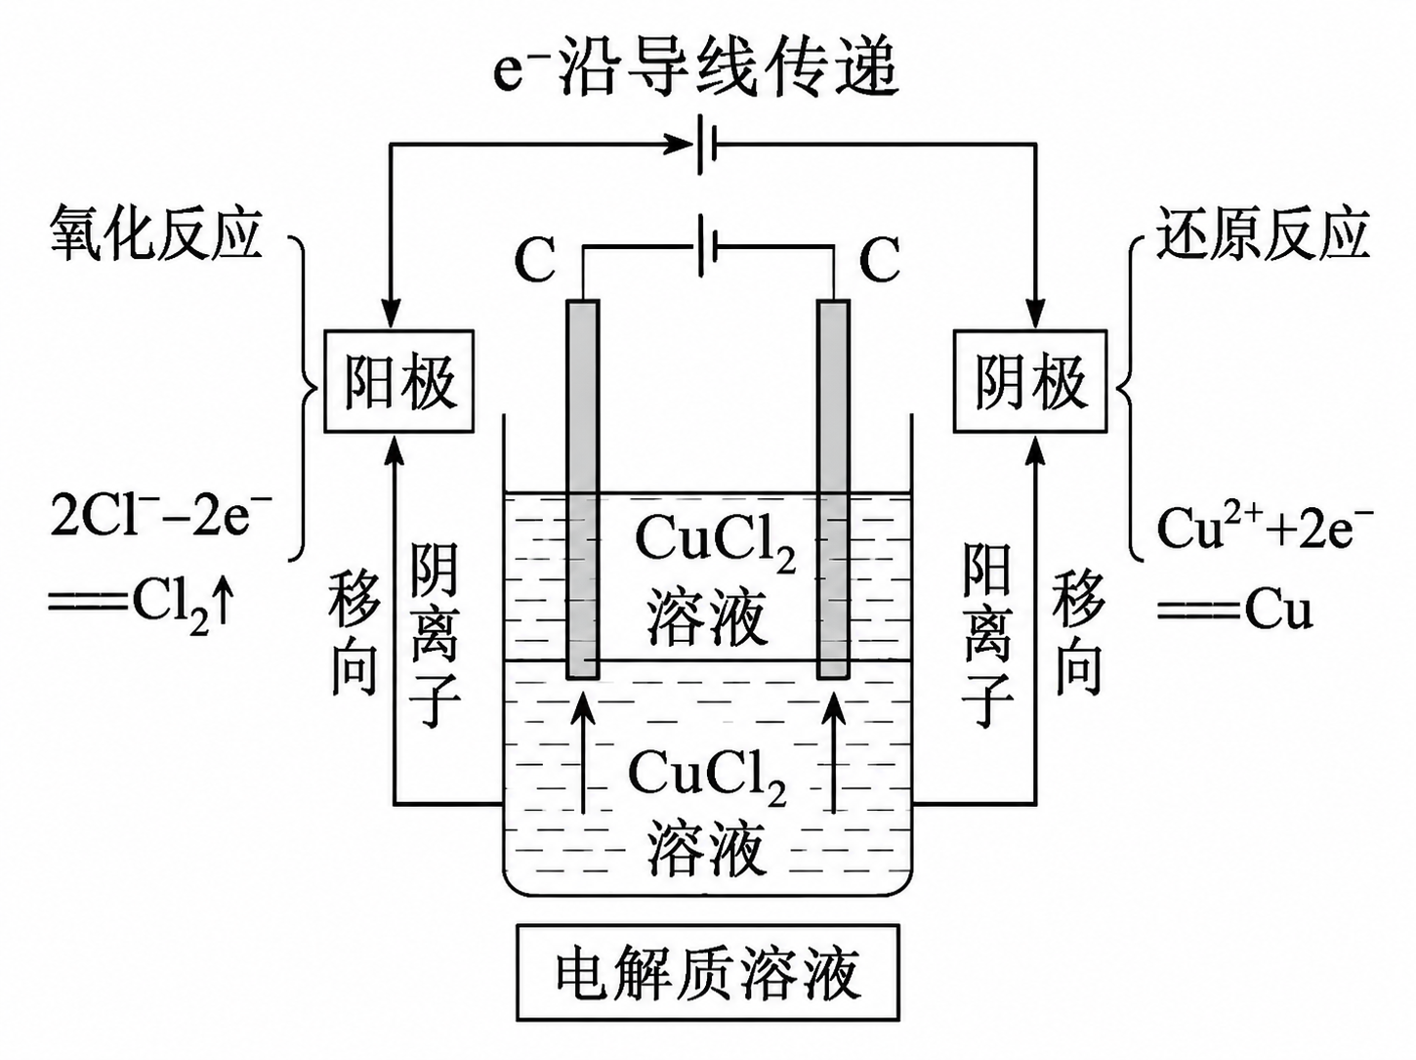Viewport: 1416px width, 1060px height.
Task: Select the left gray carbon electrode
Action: pyautogui.click(x=583, y=489)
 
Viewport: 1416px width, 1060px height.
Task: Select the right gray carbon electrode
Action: pyautogui.click(x=833, y=489)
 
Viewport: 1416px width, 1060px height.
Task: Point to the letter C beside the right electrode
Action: pyautogui.click(x=879, y=259)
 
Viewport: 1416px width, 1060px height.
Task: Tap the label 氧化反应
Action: pyautogui.click(x=155, y=233)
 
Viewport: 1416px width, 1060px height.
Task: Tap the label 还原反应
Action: pyautogui.click(x=1263, y=233)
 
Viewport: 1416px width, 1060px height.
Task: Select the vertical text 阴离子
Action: pyautogui.click(x=435, y=635)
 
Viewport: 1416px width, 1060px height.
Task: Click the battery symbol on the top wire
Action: pyautogui.click(x=706, y=144)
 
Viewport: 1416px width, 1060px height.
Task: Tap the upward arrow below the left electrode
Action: pyautogui.click(x=583, y=752)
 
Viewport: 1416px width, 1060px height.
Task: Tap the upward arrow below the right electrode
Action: pyautogui.click(x=836, y=752)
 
